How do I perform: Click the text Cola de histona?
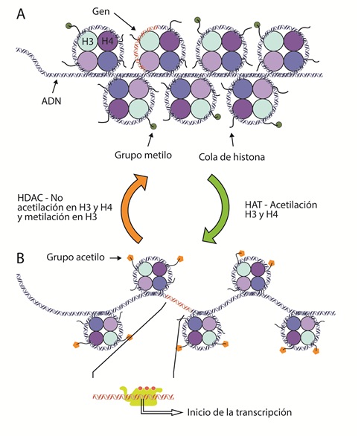(x=234, y=157)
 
